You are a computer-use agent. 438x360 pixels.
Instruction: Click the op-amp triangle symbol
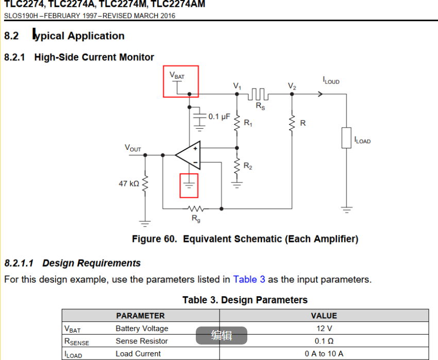[188, 155]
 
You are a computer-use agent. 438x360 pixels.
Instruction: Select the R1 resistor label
[248, 124]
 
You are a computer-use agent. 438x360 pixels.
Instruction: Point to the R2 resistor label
[248, 166]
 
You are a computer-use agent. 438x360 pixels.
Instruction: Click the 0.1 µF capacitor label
[219, 117]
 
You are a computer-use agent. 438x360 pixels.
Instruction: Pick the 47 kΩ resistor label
[129, 183]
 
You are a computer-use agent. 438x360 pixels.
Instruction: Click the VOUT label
[132, 148]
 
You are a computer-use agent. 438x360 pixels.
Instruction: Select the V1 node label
[237, 86]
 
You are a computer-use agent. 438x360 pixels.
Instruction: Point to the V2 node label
[292, 86]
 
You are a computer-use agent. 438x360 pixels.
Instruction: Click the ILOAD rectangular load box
[346, 138]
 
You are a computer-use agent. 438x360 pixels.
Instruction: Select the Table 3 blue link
[249, 280]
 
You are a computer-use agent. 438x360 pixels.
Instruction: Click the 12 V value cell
[324, 329]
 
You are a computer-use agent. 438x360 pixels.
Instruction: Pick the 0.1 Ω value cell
[324, 341]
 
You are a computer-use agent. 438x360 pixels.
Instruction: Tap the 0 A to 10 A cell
[324, 354]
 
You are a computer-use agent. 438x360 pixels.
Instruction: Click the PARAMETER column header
[140, 316]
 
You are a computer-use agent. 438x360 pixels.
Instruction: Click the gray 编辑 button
[222, 336]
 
